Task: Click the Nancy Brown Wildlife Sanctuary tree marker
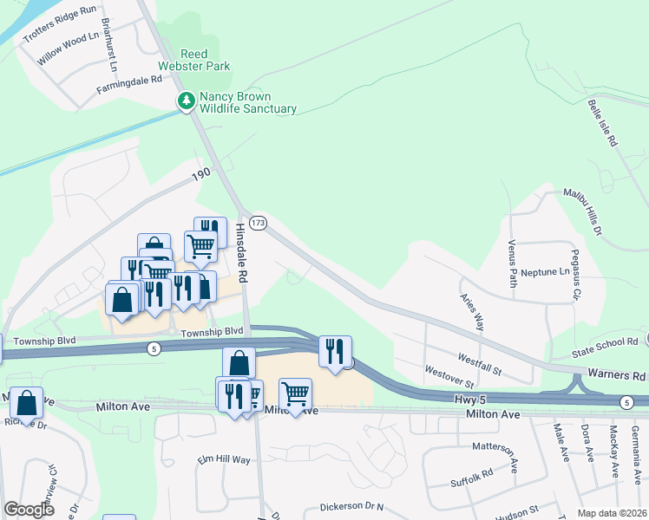(186, 102)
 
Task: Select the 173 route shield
(258, 223)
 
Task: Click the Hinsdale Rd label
(242, 252)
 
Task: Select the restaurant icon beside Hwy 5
(334, 351)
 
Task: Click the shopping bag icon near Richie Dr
(27, 403)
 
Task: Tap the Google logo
(29, 509)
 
